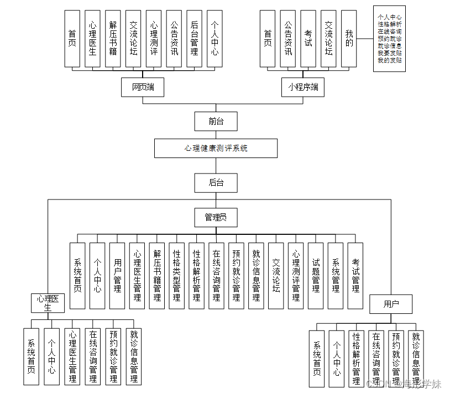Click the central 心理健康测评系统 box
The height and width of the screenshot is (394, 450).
(x=216, y=149)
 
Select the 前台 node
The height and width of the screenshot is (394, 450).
(x=216, y=121)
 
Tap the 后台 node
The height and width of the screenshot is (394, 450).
(x=216, y=182)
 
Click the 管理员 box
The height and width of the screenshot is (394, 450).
(x=216, y=218)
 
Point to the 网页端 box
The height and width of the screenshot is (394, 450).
(x=143, y=87)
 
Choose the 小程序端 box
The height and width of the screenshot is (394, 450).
(x=303, y=87)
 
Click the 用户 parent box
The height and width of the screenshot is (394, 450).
(x=391, y=303)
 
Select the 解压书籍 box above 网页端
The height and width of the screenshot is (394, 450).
(x=113, y=39)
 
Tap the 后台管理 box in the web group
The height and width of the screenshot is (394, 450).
(x=193, y=39)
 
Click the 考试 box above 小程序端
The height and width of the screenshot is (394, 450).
(x=308, y=39)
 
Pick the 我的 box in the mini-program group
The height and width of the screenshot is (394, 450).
(x=348, y=39)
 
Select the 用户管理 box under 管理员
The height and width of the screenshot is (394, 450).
(x=117, y=275)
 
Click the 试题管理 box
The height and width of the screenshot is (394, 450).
(x=316, y=275)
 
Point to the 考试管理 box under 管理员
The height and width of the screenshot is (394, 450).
(x=355, y=275)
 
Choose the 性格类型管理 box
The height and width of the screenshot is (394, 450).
(x=176, y=275)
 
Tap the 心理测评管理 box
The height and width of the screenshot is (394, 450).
(x=296, y=275)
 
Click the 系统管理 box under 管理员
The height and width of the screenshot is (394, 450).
(x=336, y=275)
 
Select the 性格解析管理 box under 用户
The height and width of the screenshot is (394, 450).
(x=357, y=354)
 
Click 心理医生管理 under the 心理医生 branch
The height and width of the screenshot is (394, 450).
(x=72, y=356)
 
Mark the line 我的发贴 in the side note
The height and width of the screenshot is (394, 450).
(x=389, y=61)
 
